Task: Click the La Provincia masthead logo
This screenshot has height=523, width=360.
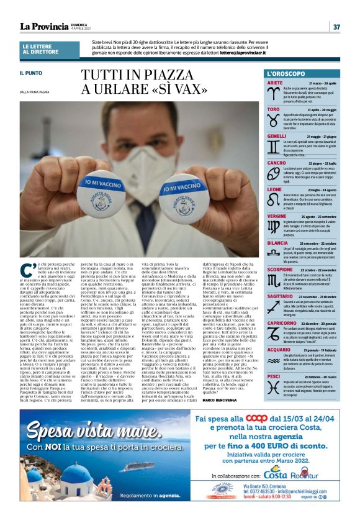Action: (x=44, y=26)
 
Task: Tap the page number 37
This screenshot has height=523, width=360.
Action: (x=336, y=27)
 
